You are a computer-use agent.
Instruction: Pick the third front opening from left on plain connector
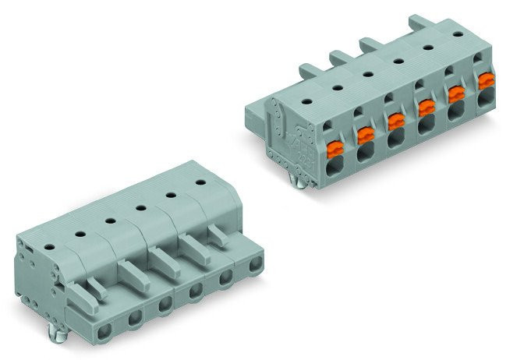coord(163,304)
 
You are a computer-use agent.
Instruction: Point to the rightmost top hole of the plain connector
coord(200,182)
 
